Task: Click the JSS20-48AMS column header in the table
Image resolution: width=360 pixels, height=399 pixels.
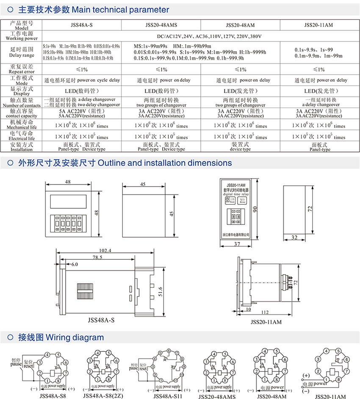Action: tap(161, 25)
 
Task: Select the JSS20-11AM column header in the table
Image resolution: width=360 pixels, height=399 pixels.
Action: tap(318, 25)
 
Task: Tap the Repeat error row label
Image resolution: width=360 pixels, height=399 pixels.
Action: tap(21, 69)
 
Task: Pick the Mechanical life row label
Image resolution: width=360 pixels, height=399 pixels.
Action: tap(21, 124)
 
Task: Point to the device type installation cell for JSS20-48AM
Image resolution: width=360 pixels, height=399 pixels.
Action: tap(240, 146)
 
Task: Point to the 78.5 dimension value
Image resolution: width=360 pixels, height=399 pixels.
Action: tap(98, 257)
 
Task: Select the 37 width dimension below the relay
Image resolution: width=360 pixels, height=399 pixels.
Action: tap(236, 244)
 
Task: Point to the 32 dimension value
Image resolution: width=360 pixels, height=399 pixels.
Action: tap(294, 238)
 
